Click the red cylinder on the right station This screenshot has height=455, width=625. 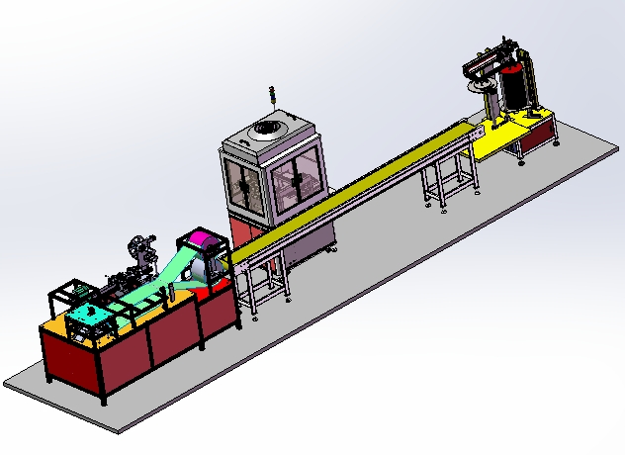[514, 86]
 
